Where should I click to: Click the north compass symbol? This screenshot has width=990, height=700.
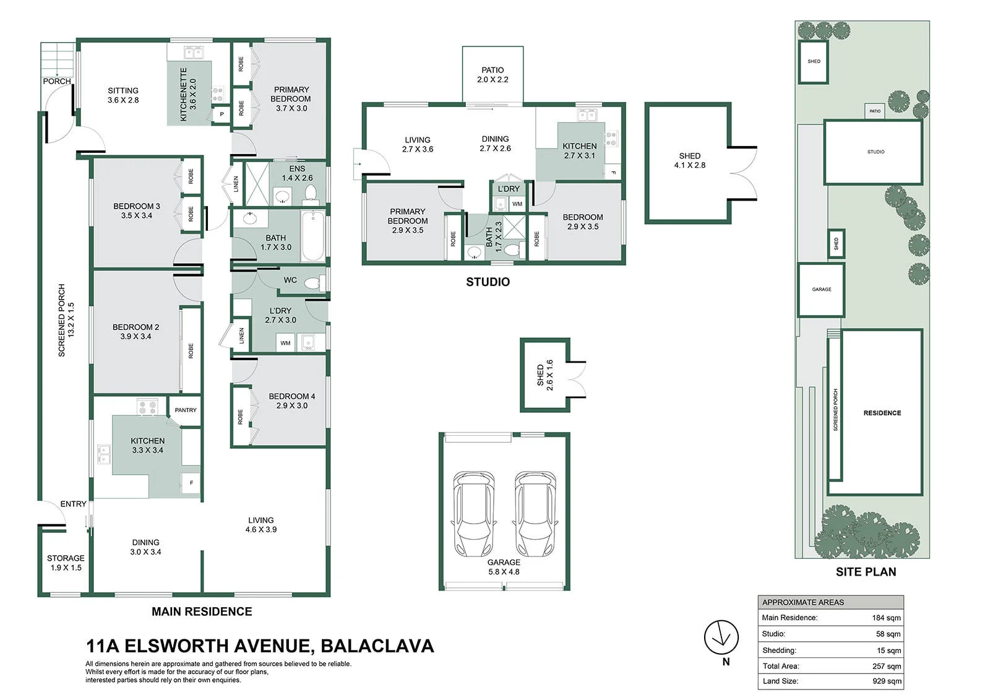click(721, 637)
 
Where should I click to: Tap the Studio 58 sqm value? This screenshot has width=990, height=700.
click(888, 634)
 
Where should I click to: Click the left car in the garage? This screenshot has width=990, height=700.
click(473, 513)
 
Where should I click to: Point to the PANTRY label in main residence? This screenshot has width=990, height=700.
click(186, 410)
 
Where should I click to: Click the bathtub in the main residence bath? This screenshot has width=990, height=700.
click(313, 236)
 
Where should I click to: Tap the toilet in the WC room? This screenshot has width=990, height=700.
click(315, 283)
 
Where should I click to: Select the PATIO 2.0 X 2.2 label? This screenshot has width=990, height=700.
click(493, 75)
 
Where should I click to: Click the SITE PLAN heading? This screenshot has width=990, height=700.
click(866, 572)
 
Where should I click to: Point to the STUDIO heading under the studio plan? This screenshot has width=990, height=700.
click(488, 282)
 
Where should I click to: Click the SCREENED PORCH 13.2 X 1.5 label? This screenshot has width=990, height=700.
click(66, 320)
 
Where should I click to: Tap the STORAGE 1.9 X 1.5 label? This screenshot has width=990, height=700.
click(66, 563)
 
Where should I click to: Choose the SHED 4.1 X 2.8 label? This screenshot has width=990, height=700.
click(689, 160)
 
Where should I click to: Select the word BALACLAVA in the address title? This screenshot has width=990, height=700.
click(377, 646)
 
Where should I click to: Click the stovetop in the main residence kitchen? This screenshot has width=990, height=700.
click(148, 407)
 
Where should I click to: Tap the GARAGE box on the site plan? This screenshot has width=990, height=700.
click(821, 290)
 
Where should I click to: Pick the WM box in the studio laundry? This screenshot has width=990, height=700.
click(517, 204)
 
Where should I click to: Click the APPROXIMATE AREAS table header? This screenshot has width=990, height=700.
click(830, 602)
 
